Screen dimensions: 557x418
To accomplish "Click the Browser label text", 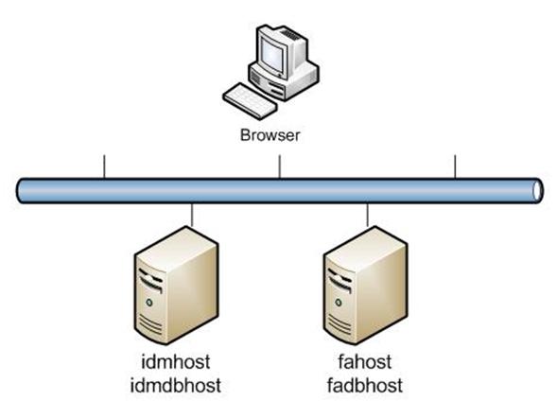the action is [270, 135].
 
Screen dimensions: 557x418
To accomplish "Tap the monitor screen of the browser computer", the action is [272, 54].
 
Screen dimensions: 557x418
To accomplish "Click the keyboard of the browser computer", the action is [250, 100].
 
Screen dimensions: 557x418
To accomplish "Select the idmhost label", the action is [176, 362].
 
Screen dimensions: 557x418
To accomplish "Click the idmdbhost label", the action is [176, 385].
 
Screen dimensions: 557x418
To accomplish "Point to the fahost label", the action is [365, 362].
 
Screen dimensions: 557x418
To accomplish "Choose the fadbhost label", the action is [365, 385].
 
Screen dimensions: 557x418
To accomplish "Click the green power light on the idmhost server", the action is [149, 303].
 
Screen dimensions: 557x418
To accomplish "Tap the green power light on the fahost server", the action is [339, 303].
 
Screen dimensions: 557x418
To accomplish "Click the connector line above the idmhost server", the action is [192, 215].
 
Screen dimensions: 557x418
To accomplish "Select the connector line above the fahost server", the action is [367, 215].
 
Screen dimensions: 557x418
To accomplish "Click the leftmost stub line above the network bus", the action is [104, 166].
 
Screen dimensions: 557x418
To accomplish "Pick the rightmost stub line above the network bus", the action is [455, 166].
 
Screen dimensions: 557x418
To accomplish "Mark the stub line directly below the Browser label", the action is [280, 166].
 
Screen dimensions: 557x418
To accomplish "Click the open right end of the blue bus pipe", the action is [538, 191].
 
